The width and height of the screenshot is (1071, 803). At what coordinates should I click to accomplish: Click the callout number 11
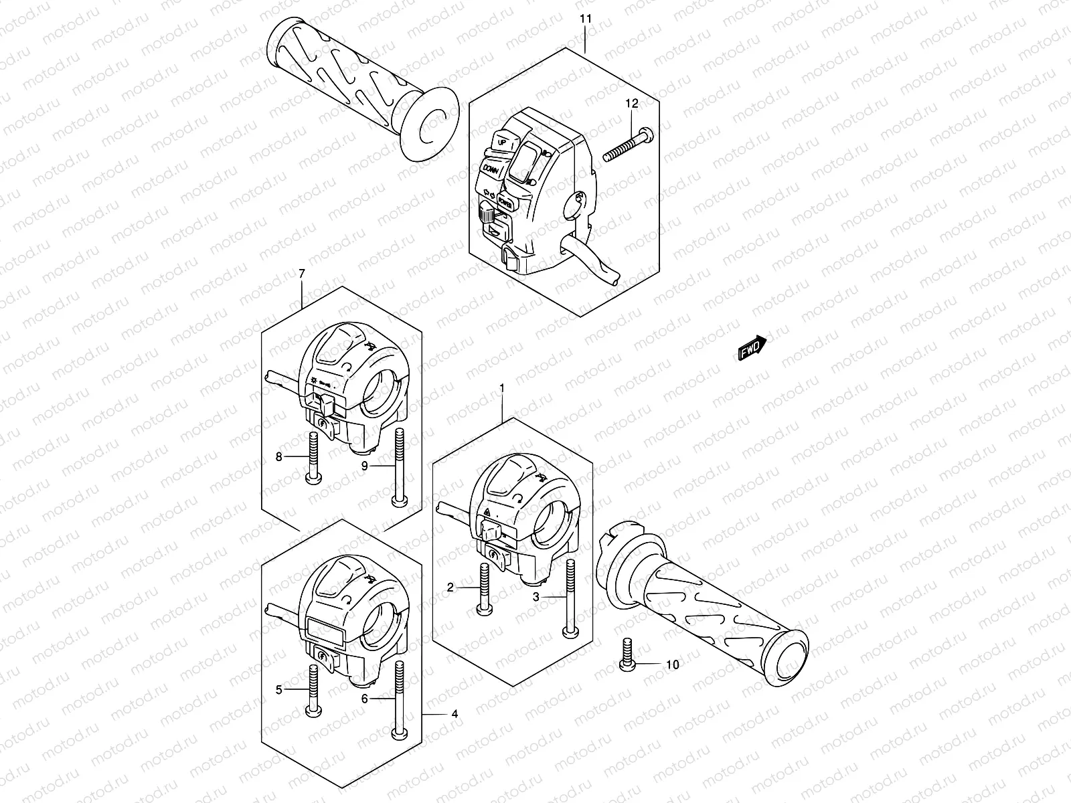coord(586,19)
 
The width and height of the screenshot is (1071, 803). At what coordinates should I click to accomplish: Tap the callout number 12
coord(632,104)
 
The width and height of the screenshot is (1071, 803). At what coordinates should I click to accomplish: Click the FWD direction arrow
coord(752,348)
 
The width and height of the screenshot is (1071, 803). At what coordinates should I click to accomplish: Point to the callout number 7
coord(301,273)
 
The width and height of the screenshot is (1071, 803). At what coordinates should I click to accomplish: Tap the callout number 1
coord(502,388)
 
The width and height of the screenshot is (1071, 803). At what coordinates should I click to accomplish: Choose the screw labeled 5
coord(313,691)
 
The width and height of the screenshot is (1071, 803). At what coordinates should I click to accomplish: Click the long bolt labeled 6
coord(400,699)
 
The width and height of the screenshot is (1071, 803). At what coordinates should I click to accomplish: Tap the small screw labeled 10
coord(627,654)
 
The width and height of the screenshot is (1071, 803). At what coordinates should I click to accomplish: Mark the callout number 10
coord(673,664)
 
